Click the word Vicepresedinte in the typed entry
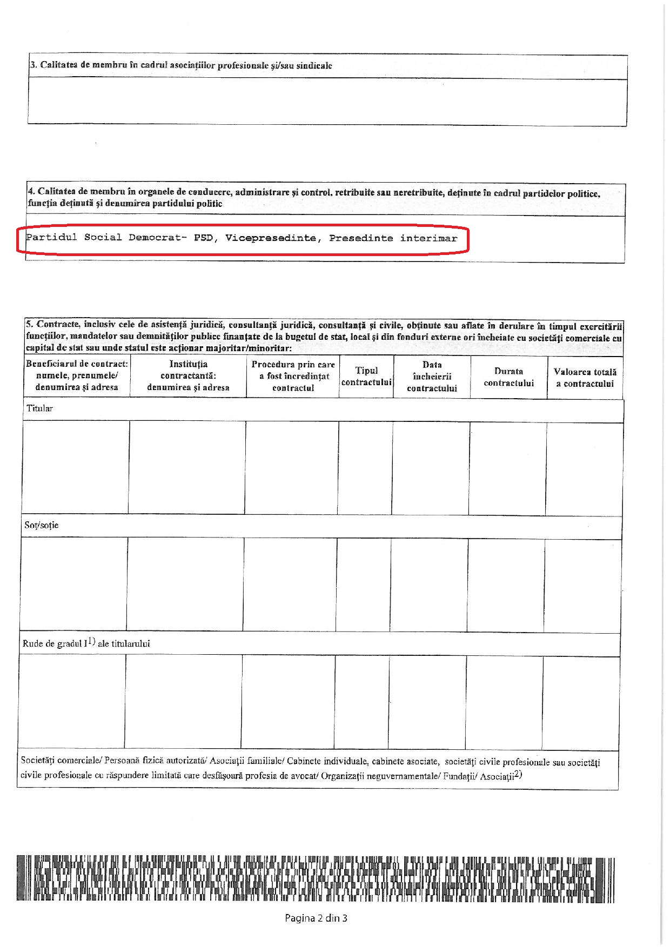271,238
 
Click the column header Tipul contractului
366,377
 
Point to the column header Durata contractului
508,377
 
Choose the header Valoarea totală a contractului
585,378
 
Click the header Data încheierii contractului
432,377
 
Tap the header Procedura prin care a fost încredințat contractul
293,376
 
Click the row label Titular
40,408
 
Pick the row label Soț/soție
42,525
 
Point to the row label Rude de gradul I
86,643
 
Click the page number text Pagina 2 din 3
316,918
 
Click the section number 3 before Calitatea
32,65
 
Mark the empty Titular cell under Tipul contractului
365,468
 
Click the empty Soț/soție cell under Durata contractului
506,585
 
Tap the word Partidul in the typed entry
51,238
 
